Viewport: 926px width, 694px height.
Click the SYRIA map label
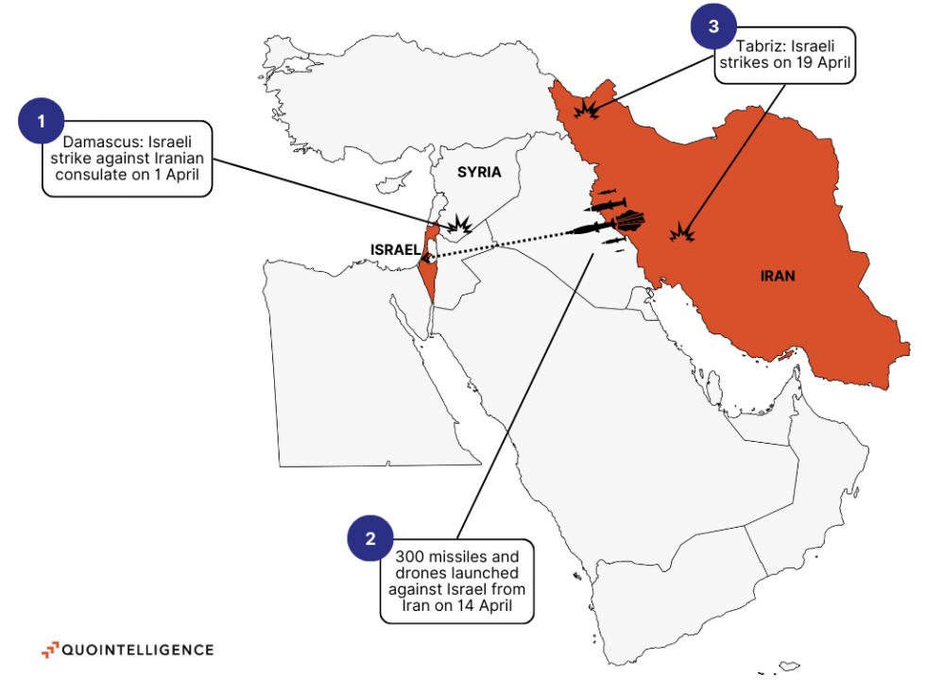point(479,172)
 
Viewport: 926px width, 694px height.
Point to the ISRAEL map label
point(395,249)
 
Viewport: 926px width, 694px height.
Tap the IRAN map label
point(778,277)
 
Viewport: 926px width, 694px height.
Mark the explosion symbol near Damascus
point(460,225)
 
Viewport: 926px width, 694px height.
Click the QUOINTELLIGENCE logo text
point(138,650)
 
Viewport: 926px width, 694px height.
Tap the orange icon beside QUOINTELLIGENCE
point(49,650)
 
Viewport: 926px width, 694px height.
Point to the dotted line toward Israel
point(501,243)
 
